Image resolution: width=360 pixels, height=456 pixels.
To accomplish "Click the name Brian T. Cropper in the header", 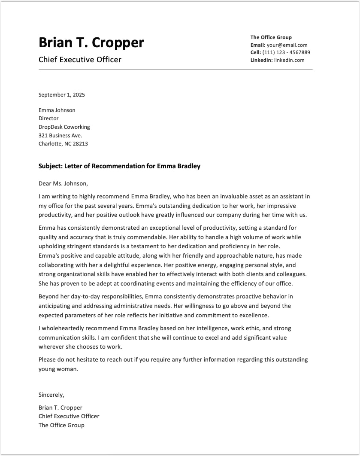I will (x=91, y=43).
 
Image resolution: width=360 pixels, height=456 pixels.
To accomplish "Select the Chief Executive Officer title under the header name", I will (x=80, y=60).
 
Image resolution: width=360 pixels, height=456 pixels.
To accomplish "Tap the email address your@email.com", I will (x=287, y=45).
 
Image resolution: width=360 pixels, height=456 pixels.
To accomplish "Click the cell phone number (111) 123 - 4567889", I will (x=286, y=52).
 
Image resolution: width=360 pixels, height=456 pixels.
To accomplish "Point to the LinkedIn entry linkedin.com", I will (x=289, y=60).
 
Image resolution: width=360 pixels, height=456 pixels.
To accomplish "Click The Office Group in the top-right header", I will (x=271, y=37).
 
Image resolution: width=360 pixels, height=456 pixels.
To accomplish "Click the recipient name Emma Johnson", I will (x=57, y=110).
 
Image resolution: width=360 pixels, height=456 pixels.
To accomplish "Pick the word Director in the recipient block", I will (x=48, y=119).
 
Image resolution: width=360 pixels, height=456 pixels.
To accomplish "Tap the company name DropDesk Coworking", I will (x=64, y=127).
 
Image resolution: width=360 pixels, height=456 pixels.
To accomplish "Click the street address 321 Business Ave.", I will (x=60, y=136).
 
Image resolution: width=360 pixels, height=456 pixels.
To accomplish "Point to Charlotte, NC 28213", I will (x=63, y=144).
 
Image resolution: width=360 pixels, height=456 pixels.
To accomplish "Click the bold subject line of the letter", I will (x=119, y=166).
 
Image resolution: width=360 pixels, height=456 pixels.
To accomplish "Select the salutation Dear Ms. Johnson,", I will (x=63, y=184).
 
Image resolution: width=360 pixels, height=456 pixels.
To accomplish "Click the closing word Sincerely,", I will (x=51, y=395).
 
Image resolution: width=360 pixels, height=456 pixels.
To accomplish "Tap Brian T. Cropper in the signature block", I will (x=60, y=407).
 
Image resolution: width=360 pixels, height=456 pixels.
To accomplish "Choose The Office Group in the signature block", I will (x=61, y=425).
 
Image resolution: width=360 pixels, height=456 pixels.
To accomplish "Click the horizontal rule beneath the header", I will (x=175, y=70).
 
